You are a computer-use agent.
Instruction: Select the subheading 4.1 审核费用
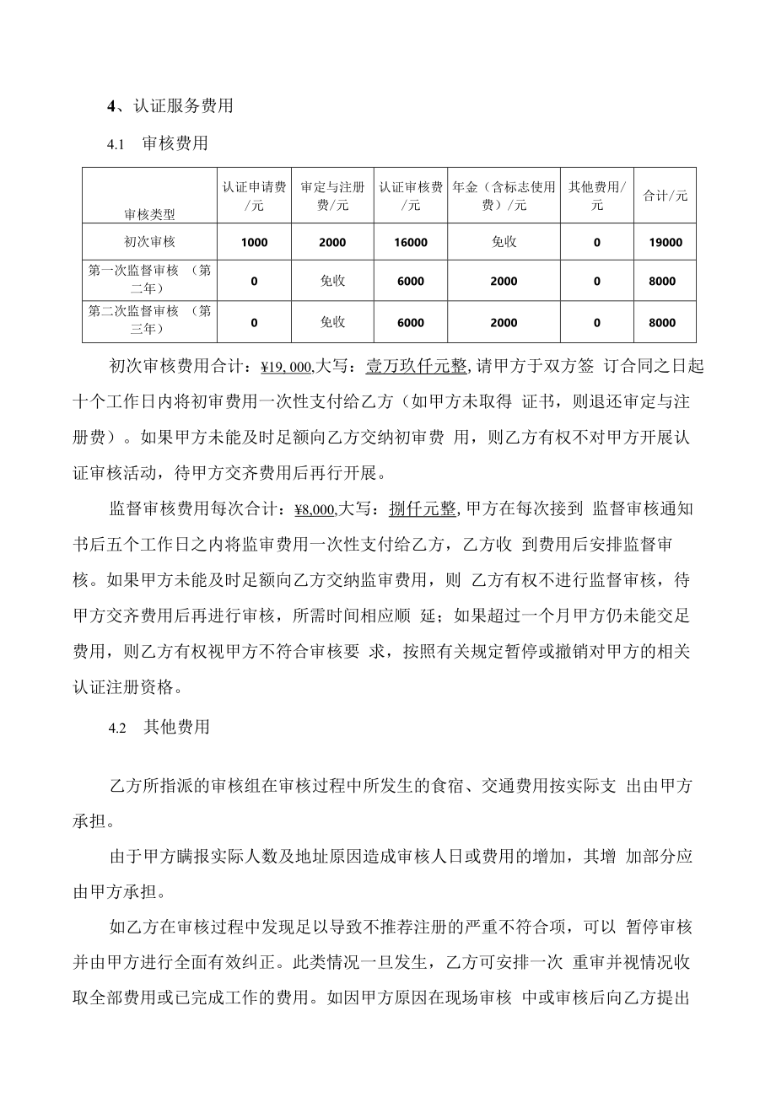pyautogui.click(x=158, y=144)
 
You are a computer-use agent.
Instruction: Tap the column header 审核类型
pyautogui.click(x=150, y=214)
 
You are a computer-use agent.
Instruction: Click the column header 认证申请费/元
pyautogui.click(x=254, y=196)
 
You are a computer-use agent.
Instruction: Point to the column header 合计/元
pyautogui.click(x=665, y=196)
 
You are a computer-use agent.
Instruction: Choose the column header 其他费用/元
pyautogui.click(x=597, y=196)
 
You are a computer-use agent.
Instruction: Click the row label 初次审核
pyautogui.click(x=150, y=242)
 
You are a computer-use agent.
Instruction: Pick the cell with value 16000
pyautogui.click(x=411, y=242)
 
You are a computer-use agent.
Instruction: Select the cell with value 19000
pyautogui.click(x=665, y=242)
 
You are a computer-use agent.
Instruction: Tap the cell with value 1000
pyautogui.click(x=254, y=242)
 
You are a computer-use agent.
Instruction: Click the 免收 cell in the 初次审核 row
pyautogui.click(x=504, y=242)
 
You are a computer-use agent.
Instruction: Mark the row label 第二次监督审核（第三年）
pyautogui.click(x=150, y=321)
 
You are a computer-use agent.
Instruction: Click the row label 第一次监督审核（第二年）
pyautogui.click(x=150, y=280)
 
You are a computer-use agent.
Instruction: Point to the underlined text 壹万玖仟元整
pyautogui.click(x=416, y=367)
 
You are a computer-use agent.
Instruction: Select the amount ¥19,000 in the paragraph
pyautogui.click(x=287, y=367)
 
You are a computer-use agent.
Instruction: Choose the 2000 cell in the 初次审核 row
pyautogui.click(x=332, y=242)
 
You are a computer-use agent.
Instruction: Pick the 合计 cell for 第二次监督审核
pyautogui.click(x=665, y=322)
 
